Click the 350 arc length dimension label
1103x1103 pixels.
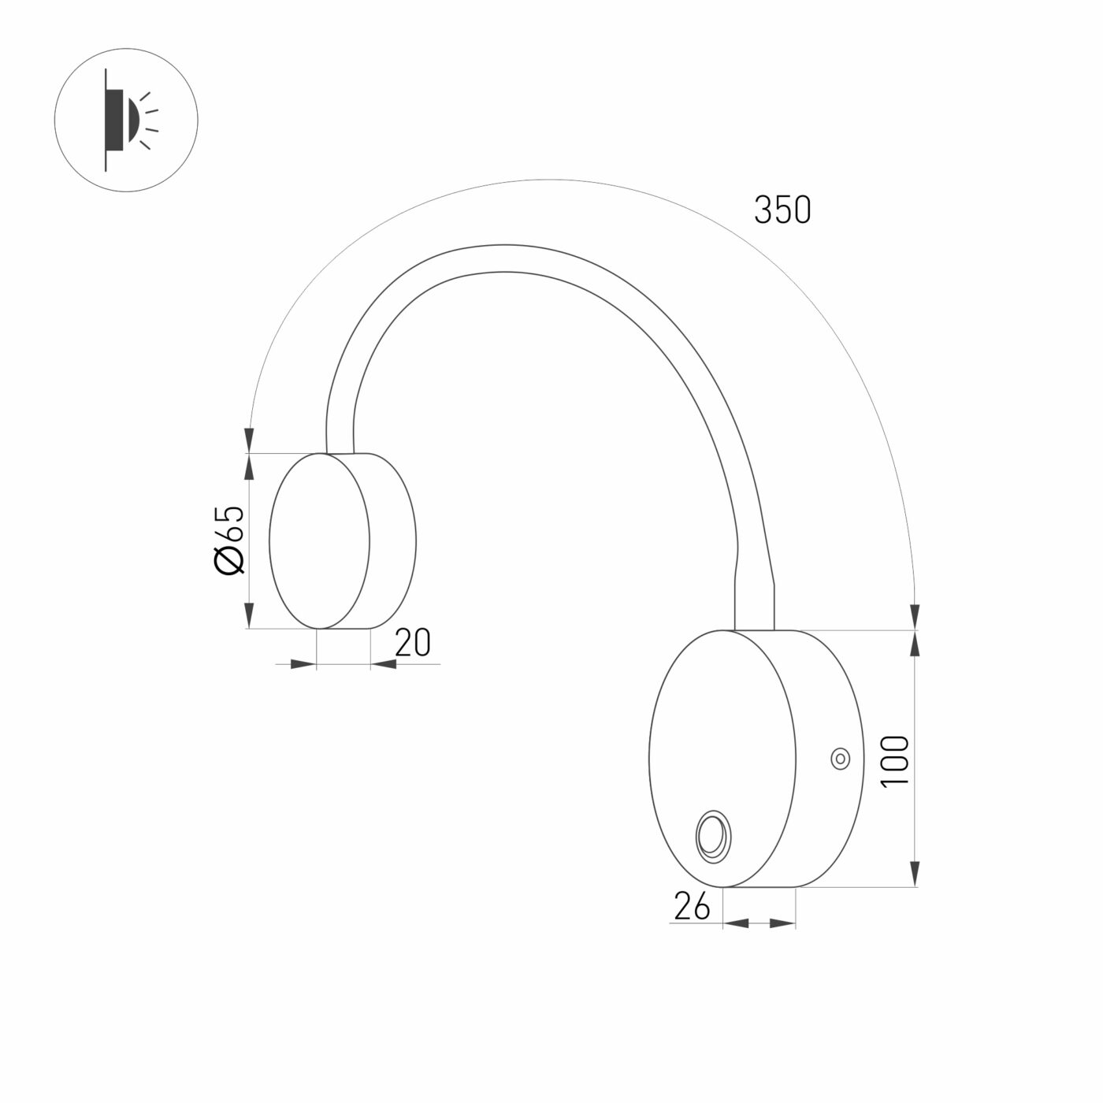tap(782, 210)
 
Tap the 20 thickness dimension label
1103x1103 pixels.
tap(413, 644)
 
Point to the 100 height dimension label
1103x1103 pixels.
tap(896, 760)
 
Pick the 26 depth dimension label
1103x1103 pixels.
tap(692, 908)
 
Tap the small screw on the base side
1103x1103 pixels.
tap(841, 759)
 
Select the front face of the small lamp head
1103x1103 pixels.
tap(319, 540)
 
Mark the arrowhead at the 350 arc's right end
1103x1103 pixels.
tap(915, 615)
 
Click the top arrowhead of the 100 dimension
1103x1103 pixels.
tap(915, 644)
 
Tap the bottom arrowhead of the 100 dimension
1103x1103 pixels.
tap(915, 873)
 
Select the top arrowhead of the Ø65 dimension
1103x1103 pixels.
tap(249, 467)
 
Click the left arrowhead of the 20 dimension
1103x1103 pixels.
tap(303, 665)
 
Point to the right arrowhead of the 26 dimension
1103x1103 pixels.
tap(782, 923)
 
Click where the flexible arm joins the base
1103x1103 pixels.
tap(754, 628)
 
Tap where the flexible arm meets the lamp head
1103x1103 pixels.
tap(340, 452)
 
